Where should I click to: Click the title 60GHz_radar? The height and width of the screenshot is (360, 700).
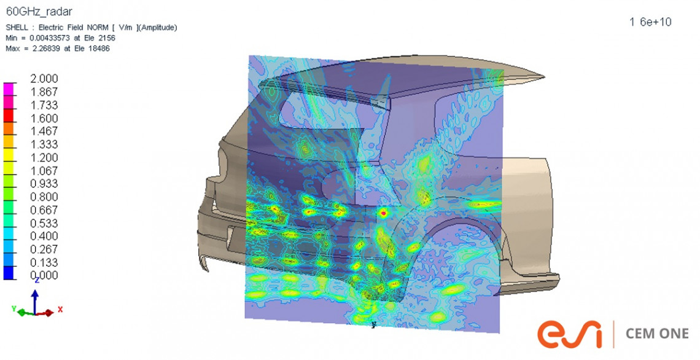pos(39,12)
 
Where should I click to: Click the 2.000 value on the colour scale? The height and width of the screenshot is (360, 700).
pos(44,79)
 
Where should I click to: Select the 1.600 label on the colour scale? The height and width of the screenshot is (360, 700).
pos(44,119)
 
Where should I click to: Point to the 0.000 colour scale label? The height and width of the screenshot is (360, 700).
pos(44,276)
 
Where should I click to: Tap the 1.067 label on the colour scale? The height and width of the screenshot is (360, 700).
pos(44,171)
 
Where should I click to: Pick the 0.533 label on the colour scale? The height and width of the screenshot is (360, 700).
pos(44,224)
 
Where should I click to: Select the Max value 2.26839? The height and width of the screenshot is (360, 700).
pos(41,49)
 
